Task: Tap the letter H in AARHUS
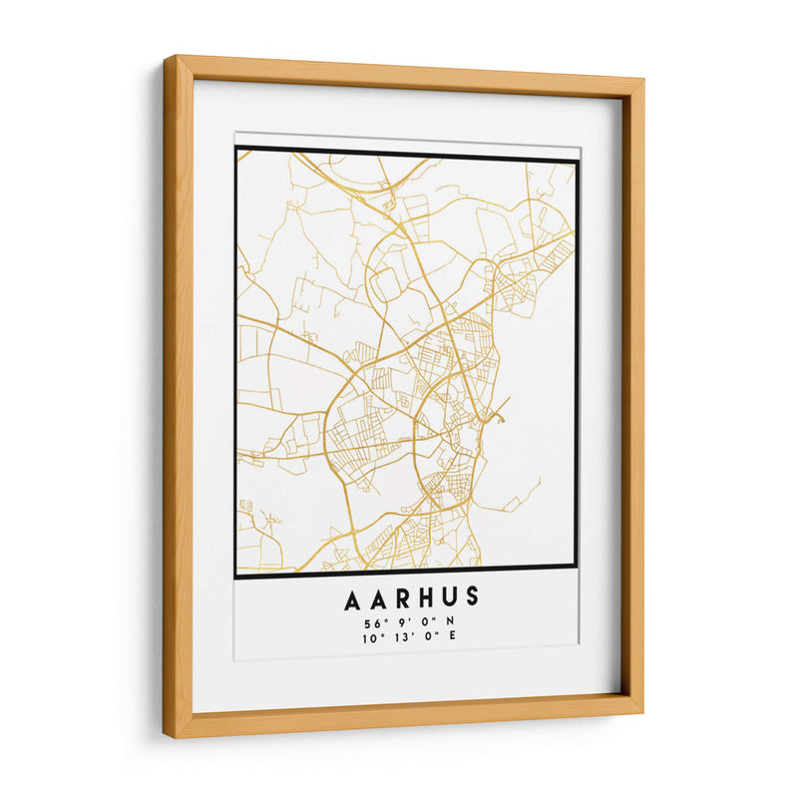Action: (412, 600)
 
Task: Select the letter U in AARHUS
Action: (440, 600)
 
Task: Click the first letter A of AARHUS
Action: (354, 600)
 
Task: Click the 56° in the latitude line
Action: (373, 623)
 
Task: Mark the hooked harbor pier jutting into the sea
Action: (499, 409)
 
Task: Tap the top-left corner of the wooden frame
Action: (168, 58)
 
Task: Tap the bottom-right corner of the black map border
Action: (577, 568)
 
